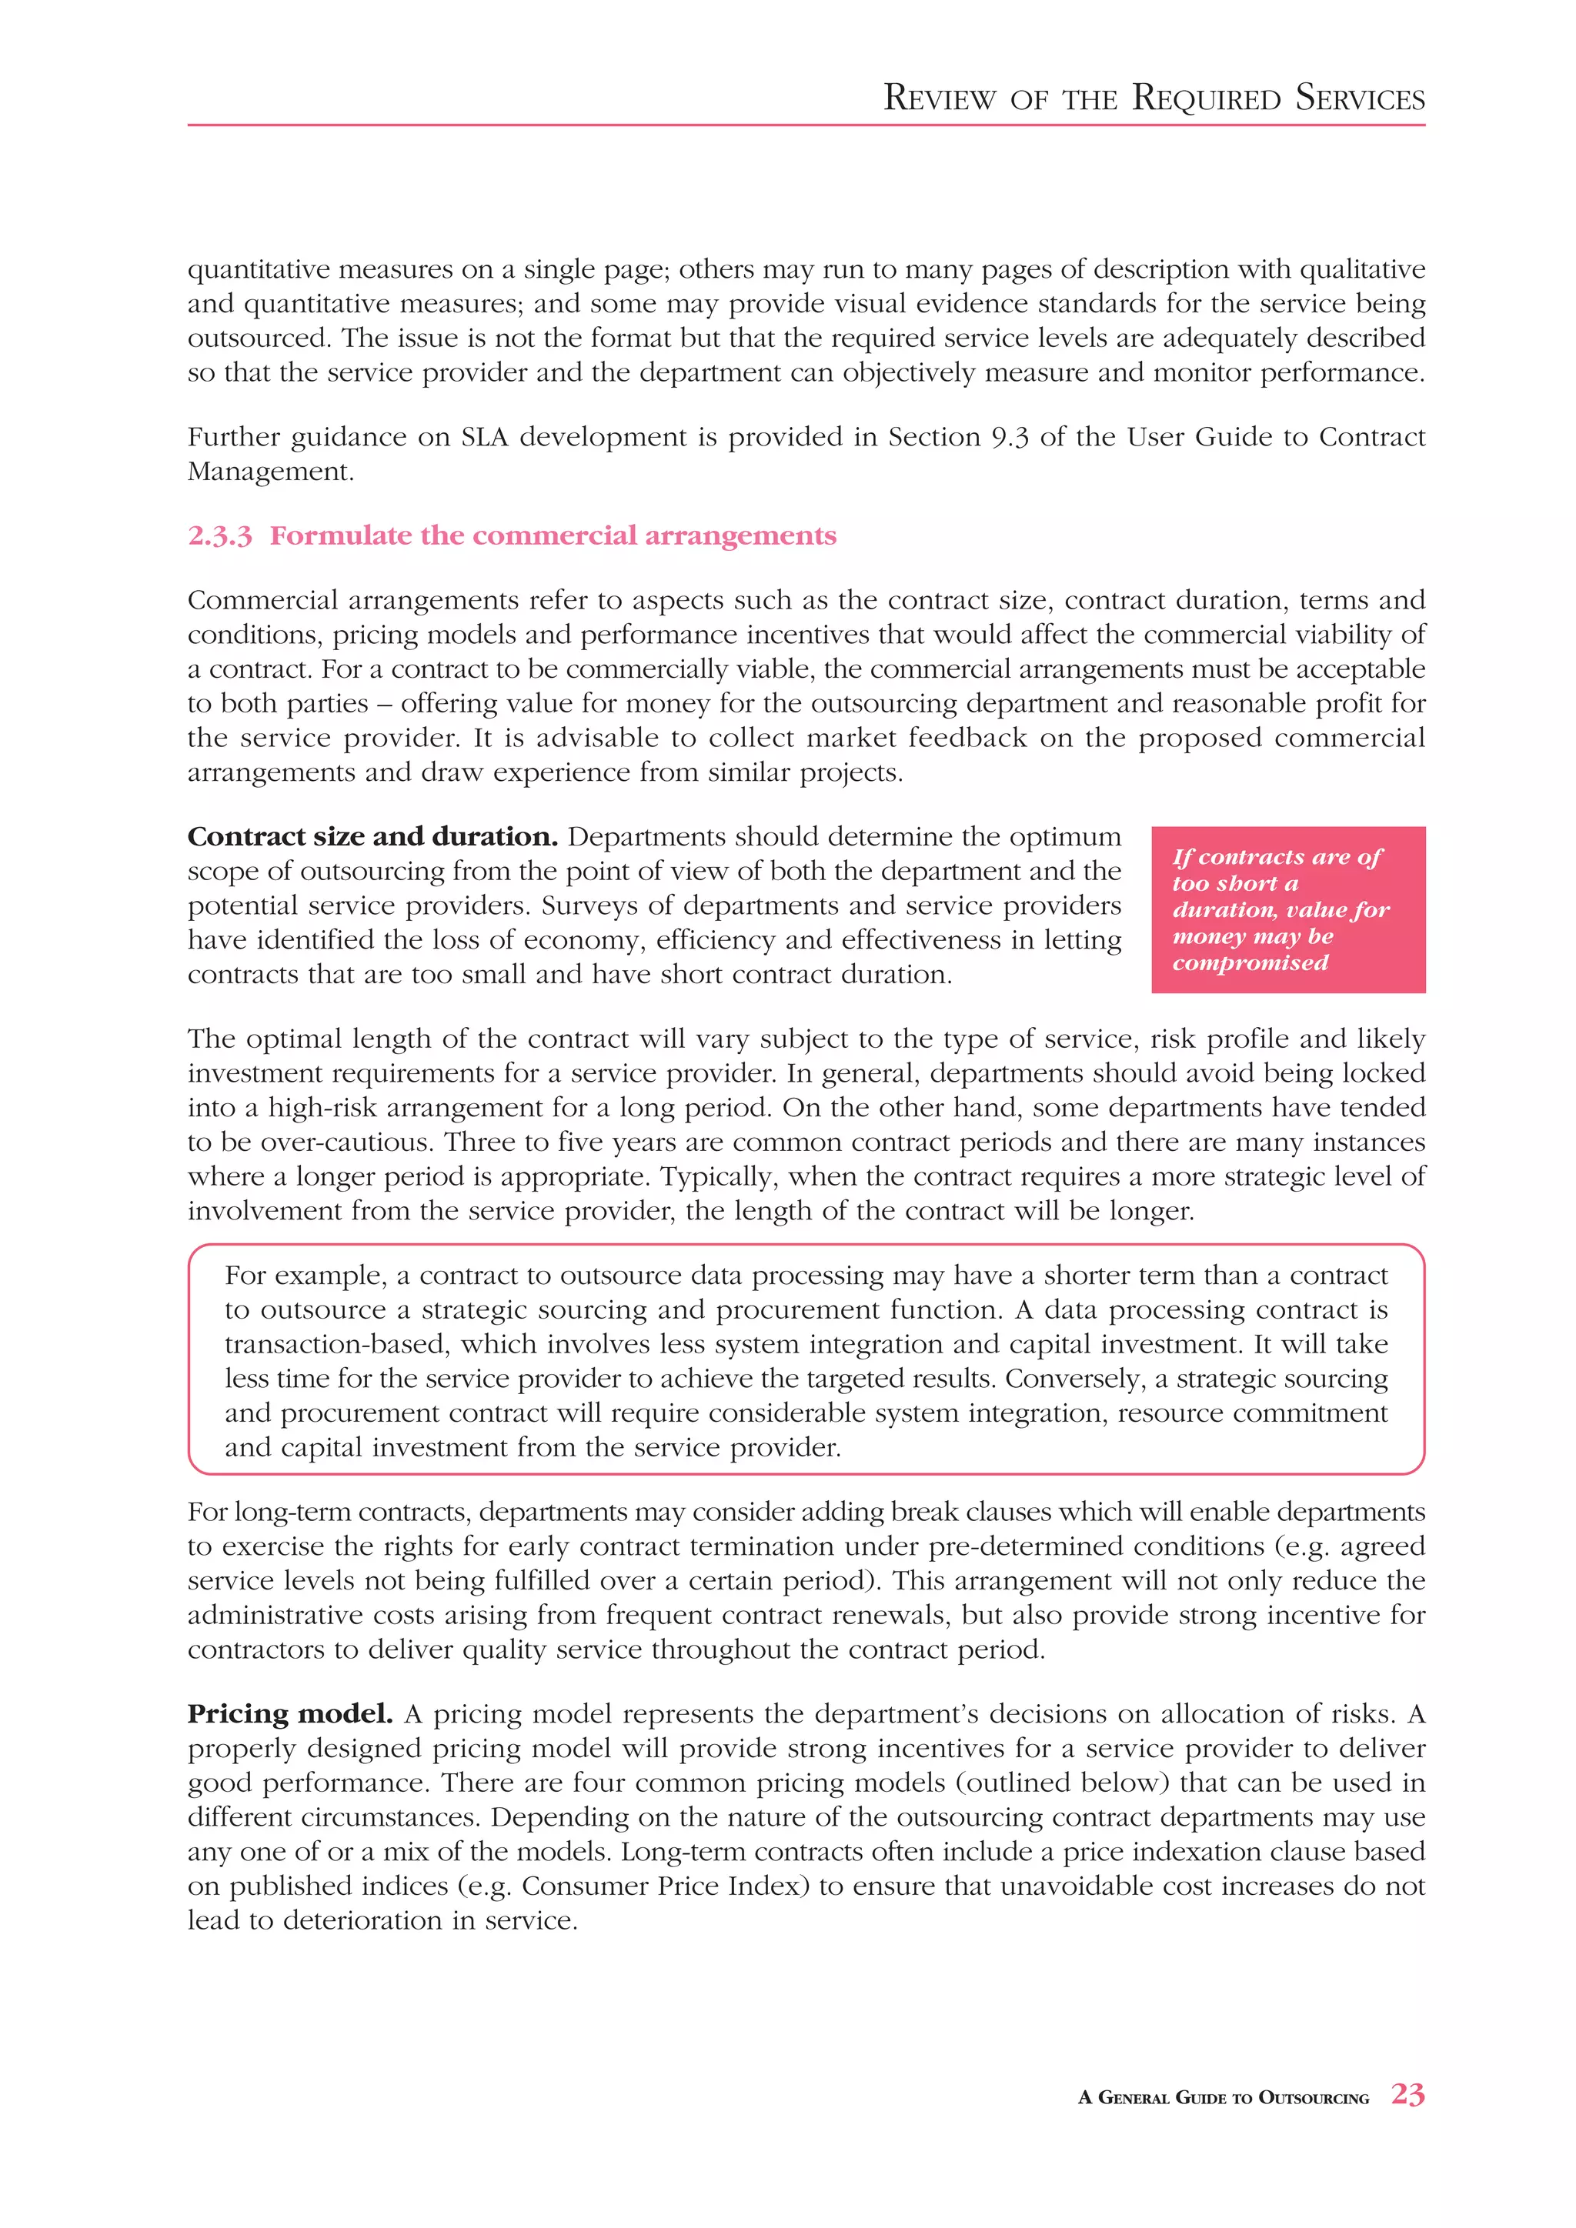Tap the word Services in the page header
pos(1360,98)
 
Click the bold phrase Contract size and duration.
pos(372,836)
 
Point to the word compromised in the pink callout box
pos(1250,962)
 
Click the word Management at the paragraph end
pos(268,472)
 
